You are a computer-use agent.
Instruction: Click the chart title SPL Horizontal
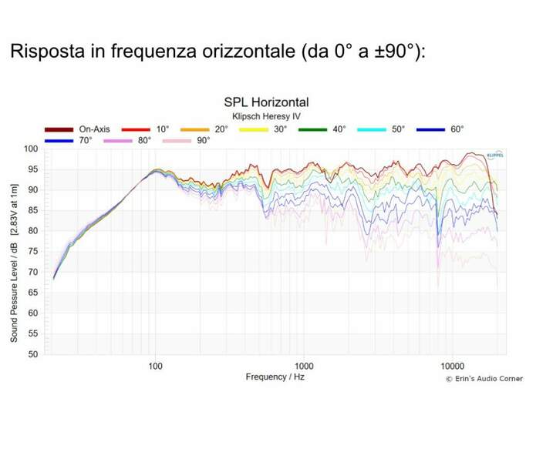(x=266, y=102)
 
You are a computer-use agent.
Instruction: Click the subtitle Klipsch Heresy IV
(x=266, y=115)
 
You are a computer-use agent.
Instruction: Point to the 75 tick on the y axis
(x=33, y=252)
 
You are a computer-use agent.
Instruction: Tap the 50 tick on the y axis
(x=33, y=355)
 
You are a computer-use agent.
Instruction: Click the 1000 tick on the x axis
(x=304, y=365)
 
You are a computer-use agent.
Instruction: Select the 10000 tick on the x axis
(x=452, y=365)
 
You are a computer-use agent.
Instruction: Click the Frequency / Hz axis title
(x=275, y=377)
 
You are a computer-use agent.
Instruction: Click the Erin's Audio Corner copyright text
(x=484, y=379)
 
